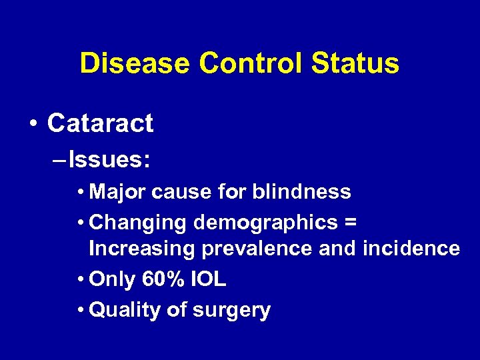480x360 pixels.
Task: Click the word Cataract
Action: [x=101, y=123]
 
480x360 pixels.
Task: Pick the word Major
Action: [x=117, y=192]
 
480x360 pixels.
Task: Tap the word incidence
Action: [x=411, y=249]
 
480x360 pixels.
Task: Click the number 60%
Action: [x=163, y=280]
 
